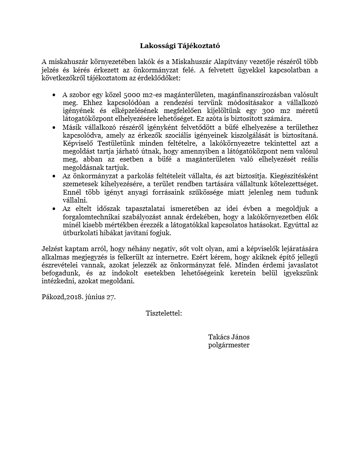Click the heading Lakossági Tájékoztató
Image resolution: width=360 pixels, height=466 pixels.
[180, 45]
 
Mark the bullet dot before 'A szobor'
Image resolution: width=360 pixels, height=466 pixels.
[53, 95]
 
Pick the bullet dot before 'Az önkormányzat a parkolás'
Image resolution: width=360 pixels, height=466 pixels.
[53, 176]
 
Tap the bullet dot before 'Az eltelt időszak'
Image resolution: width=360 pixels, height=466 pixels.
[53, 209]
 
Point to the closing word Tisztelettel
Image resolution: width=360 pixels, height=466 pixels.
[164, 313]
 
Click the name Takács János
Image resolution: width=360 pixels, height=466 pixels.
[229, 337]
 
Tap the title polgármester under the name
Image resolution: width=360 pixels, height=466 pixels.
[229, 345]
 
